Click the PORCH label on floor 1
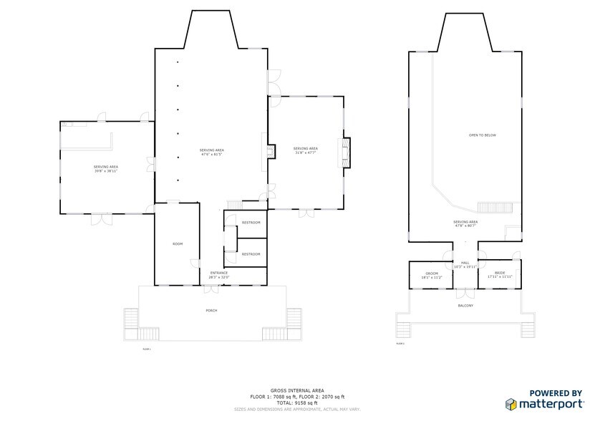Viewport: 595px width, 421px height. pyautogui.click(x=211, y=310)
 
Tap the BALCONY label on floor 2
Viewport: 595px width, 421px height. pyautogui.click(x=465, y=306)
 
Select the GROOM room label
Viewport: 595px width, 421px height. pyautogui.click(x=431, y=274)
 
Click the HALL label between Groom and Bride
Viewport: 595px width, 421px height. pyautogui.click(x=465, y=263)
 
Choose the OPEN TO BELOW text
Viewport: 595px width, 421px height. pyautogui.click(x=482, y=135)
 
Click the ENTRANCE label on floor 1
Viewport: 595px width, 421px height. pyautogui.click(x=218, y=273)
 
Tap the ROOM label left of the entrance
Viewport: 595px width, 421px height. pyautogui.click(x=178, y=244)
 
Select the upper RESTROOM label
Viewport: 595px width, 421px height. pyautogui.click(x=251, y=222)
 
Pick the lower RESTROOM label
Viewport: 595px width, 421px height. pyautogui.click(x=251, y=254)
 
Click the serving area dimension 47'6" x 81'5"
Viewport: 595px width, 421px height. pyautogui.click(x=211, y=154)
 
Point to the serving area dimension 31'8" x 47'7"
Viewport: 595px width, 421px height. pyautogui.click(x=306, y=153)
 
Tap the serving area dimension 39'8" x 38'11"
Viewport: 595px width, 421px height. pyautogui.click(x=105, y=171)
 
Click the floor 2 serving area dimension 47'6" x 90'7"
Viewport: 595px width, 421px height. pyautogui.click(x=465, y=226)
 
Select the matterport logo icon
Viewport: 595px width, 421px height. pyautogui.click(x=513, y=405)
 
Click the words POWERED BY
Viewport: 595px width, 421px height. pyautogui.click(x=555, y=393)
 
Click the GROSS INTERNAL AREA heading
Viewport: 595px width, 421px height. pyautogui.click(x=296, y=390)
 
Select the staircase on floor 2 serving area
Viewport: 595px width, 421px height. pyautogui.click(x=495, y=208)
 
